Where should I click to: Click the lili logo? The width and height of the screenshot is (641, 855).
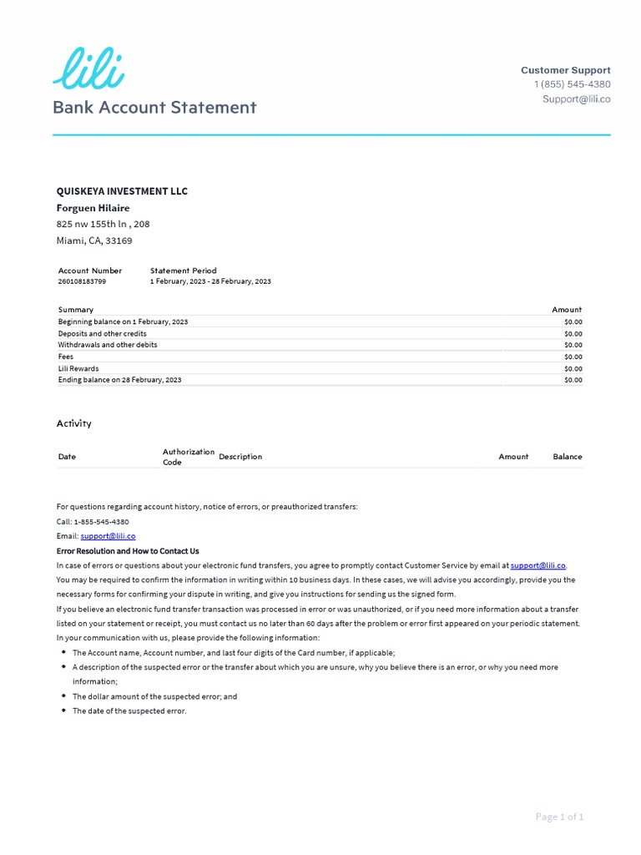[88, 68]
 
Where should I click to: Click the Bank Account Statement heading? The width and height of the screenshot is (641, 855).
[154, 108]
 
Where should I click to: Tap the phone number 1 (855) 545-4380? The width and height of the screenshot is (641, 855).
[572, 84]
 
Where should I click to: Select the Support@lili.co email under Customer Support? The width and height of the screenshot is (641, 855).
[576, 99]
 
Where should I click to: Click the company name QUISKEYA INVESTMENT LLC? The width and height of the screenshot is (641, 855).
[122, 191]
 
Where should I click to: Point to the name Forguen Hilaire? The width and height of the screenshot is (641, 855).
[93, 208]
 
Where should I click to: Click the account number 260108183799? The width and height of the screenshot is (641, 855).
[82, 281]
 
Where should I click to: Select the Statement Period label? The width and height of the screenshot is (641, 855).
[183, 271]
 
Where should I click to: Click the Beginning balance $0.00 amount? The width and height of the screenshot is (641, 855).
[573, 321]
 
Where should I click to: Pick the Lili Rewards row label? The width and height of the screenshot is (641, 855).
[78, 368]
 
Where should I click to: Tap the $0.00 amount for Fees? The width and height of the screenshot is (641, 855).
[573, 357]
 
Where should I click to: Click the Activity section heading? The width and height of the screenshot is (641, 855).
[73, 423]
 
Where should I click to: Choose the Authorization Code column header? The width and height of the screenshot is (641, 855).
[188, 457]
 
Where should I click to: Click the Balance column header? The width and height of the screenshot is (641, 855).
[567, 457]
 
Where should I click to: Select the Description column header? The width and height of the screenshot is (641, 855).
[240, 457]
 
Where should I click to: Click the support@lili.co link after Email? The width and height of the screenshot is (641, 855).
[108, 536]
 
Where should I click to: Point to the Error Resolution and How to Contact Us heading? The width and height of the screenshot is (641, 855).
[128, 551]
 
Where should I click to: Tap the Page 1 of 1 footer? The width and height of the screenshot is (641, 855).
[559, 817]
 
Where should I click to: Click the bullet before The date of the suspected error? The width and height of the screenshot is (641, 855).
[64, 711]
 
